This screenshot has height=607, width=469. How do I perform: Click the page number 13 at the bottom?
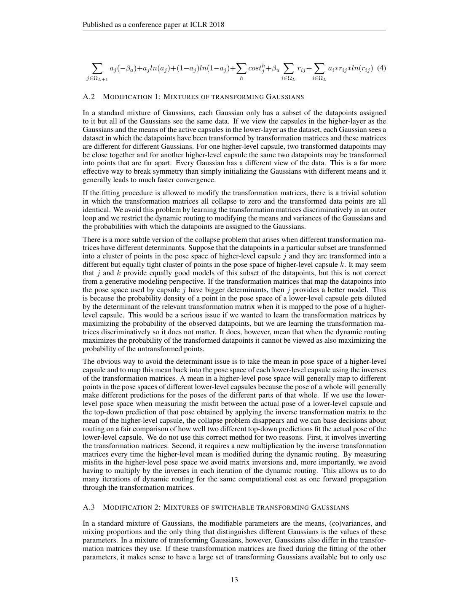(x=234, y=580)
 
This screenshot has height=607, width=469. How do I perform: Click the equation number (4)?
(x=381, y=68)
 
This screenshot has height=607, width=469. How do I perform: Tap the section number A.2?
(x=89, y=97)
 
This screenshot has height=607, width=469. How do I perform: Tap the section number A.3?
(x=89, y=507)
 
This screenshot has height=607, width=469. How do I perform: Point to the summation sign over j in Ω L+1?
(x=97, y=67)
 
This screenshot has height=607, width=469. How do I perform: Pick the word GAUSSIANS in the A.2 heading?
(x=285, y=97)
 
